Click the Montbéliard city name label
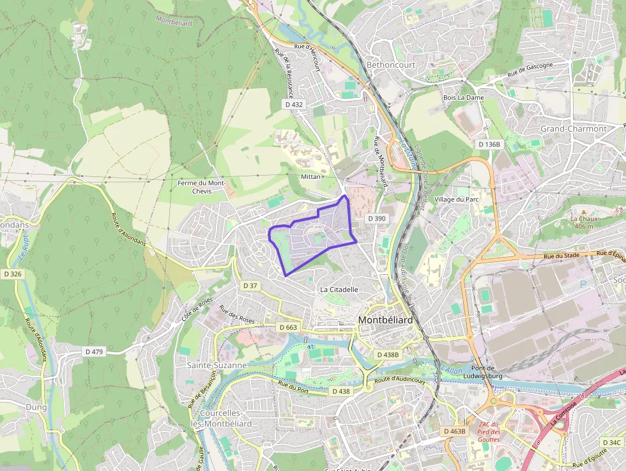[x=385, y=320]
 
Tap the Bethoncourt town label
[x=391, y=65]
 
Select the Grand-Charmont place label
[x=574, y=128]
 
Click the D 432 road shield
[x=294, y=104]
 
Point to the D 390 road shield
[x=377, y=219]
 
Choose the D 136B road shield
[x=490, y=144]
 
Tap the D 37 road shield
[x=250, y=285]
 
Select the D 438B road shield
[x=387, y=354]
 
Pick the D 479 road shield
[x=94, y=351]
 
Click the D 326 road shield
[x=12, y=274]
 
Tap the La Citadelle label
[x=339, y=290]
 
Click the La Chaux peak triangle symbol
[x=583, y=211]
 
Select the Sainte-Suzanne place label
[x=217, y=366]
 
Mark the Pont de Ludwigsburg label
[x=482, y=372]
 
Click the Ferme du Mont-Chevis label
[x=202, y=187]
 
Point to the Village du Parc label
[x=456, y=199]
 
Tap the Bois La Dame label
[x=463, y=98]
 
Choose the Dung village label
[x=36, y=406]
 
